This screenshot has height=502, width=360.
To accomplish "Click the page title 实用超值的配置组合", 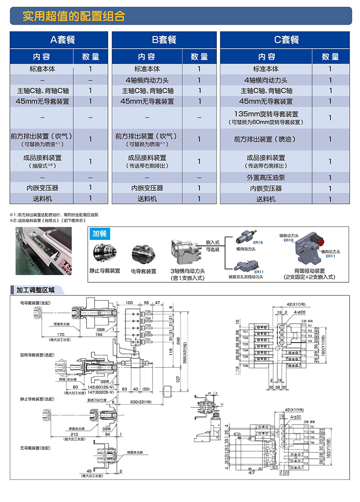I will coord(74,16).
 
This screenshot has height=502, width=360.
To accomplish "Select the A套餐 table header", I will coord(59,40).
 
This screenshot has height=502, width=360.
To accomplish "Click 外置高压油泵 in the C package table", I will coord(266,178).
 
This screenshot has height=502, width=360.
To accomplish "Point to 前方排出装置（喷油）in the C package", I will coord(266,140).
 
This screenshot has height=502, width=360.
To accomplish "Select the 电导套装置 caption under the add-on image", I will coord(143,271).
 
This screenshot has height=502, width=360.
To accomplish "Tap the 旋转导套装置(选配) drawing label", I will coord(33,355).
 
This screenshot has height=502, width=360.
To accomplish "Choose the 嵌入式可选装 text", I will coord(212,245).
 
